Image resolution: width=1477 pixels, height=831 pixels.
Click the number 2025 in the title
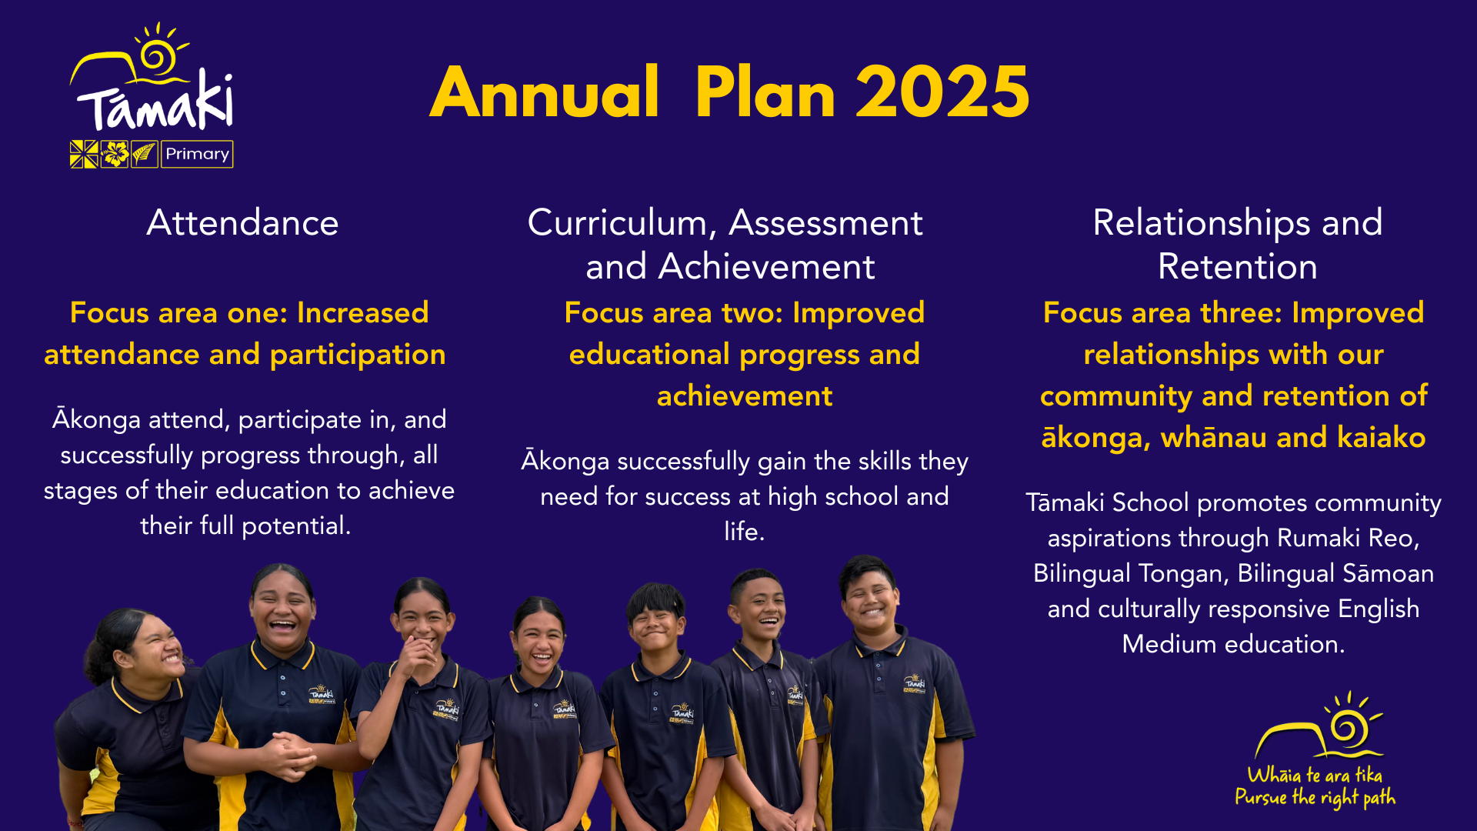pos(942,92)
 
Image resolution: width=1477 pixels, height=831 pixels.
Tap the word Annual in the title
pos(545,92)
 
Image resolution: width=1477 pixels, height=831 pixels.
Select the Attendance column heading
pos(242,223)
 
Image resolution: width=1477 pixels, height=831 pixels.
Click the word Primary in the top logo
pos(197,154)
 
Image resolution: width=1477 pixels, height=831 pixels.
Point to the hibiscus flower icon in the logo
pos(115,154)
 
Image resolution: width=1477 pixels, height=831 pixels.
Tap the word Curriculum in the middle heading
pos(618,223)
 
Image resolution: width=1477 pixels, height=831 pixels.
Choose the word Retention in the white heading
pos(1237,267)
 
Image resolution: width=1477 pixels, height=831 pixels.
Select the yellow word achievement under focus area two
pos(745,396)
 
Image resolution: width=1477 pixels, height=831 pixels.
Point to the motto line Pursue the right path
pos(1315,798)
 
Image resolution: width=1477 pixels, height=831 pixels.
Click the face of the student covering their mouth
pos(422,627)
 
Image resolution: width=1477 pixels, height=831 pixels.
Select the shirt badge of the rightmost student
pos(915,684)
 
